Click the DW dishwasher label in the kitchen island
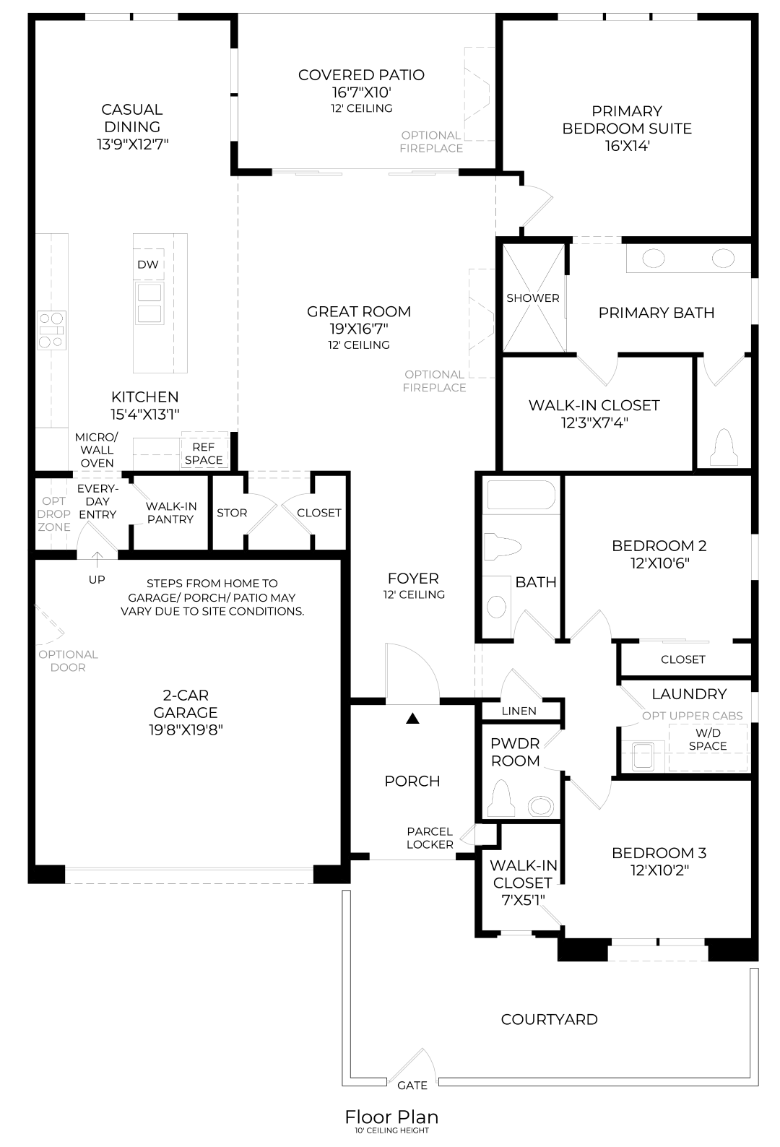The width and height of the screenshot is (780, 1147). pyautogui.click(x=148, y=264)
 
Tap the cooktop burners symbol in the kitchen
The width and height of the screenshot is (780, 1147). pyautogui.click(x=52, y=330)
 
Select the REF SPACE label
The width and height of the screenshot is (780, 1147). pyautogui.click(x=204, y=454)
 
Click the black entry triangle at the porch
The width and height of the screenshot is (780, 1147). pyautogui.click(x=413, y=719)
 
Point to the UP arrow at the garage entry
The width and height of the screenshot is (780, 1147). pyautogui.click(x=97, y=560)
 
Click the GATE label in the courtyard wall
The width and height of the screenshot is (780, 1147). pyautogui.click(x=412, y=1085)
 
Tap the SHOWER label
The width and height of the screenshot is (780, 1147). pyautogui.click(x=532, y=298)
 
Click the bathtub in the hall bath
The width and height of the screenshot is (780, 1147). pyautogui.click(x=521, y=494)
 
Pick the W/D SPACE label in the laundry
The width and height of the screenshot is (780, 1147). pyautogui.click(x=708, y=740)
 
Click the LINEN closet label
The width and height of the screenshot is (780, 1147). pyautogui.click(x=519, y=711)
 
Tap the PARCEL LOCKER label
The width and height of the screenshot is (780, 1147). pyautogui.click(x=430, y=839)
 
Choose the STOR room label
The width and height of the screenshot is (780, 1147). pyautogui.click(x=232, y=513)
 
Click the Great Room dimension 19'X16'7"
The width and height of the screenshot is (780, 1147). pyautogui.click(x=359, y=328)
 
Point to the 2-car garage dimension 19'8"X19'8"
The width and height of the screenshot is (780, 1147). pyautogui.click(x=186, y=730)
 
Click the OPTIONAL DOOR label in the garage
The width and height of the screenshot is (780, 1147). pyautogui.click(x=68, y=661)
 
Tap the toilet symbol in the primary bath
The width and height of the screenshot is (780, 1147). pyautogui.click(x=724, y=447)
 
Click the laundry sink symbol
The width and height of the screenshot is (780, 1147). pyautogui.click(x=643, y=756)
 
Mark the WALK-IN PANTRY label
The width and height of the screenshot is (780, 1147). pyautogui.click(x=170, y=513)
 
